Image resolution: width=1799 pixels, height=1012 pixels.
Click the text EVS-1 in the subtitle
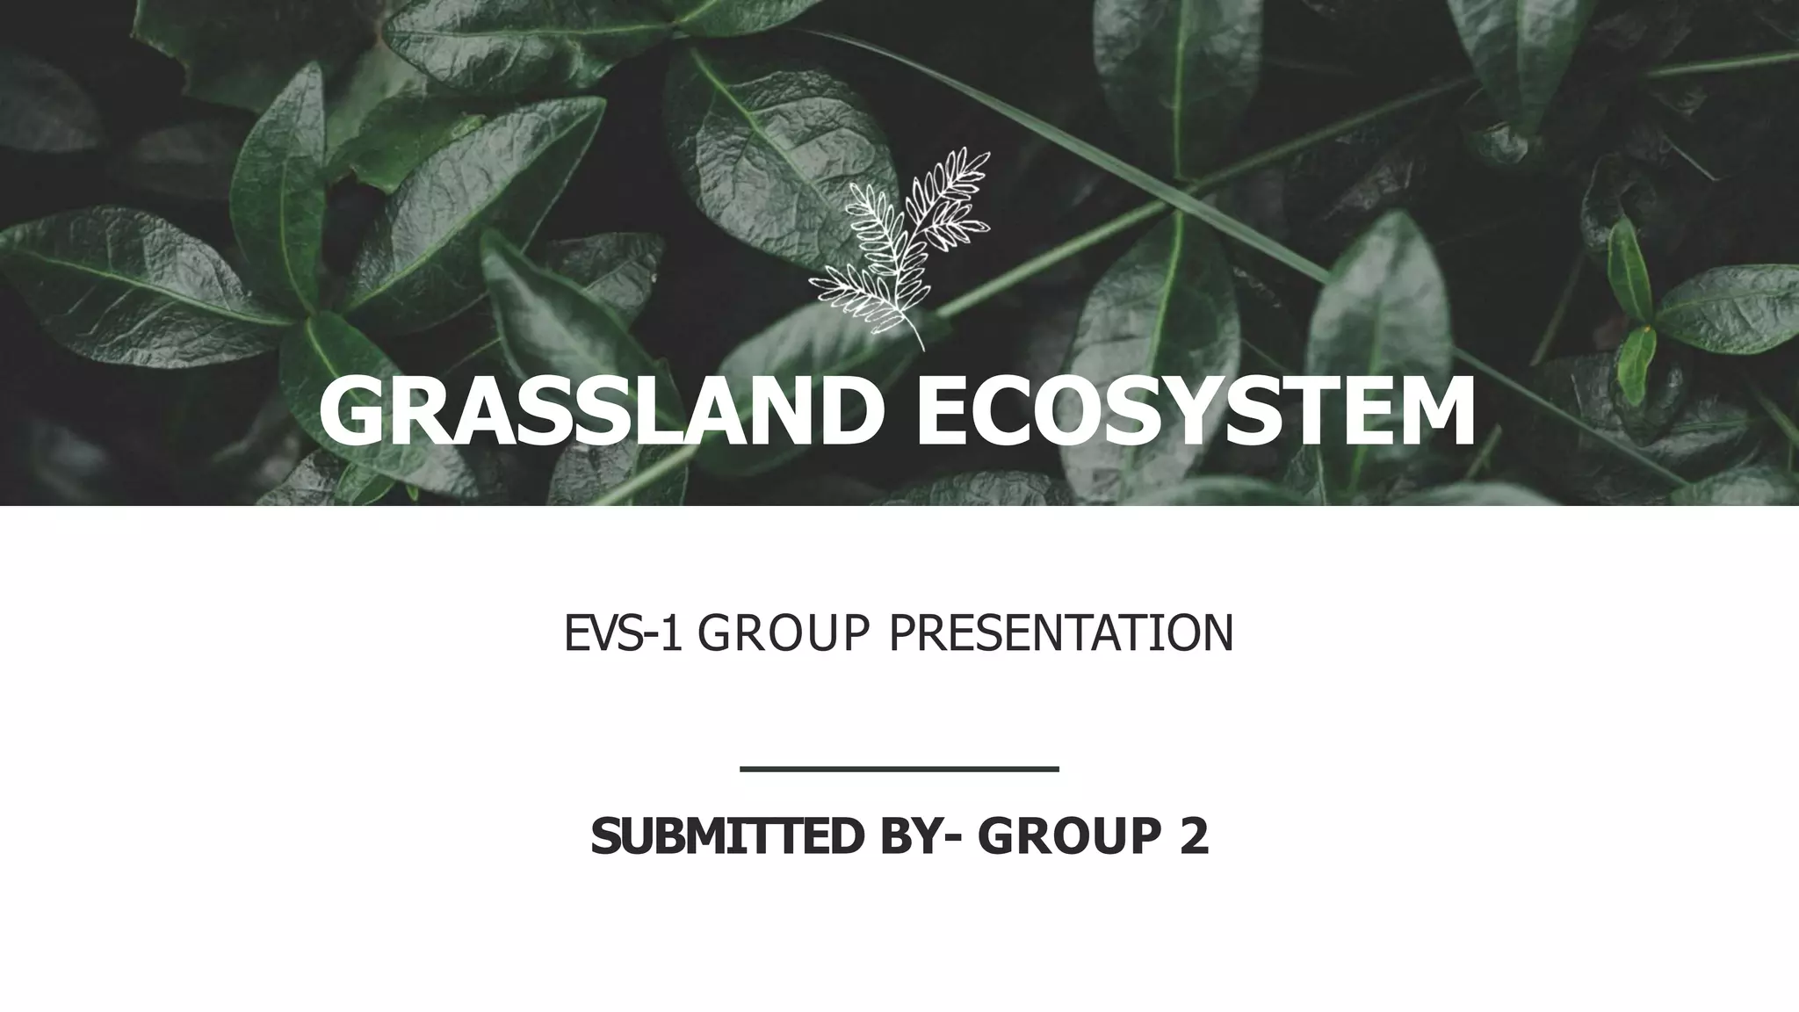click(622, 633)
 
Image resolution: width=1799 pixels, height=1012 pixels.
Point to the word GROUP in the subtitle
click(785, 633)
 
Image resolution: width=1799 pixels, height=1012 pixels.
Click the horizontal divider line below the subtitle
click(899, 770)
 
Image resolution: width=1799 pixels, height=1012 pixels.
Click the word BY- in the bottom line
click(919, 835)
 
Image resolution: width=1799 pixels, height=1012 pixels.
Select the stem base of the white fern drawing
click(921, 347)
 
